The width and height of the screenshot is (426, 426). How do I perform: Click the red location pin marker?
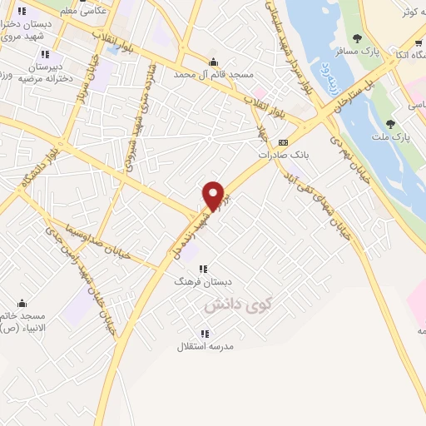click(214, 196)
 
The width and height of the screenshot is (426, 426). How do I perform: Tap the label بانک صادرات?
click(278, 155)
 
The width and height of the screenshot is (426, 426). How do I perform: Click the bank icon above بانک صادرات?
click(283, 141)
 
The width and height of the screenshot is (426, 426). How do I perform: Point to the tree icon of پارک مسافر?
click(357, 38)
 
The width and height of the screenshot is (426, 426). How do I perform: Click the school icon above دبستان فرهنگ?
click(203, 268)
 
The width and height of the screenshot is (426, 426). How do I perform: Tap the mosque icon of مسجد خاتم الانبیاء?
click(22, 303)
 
